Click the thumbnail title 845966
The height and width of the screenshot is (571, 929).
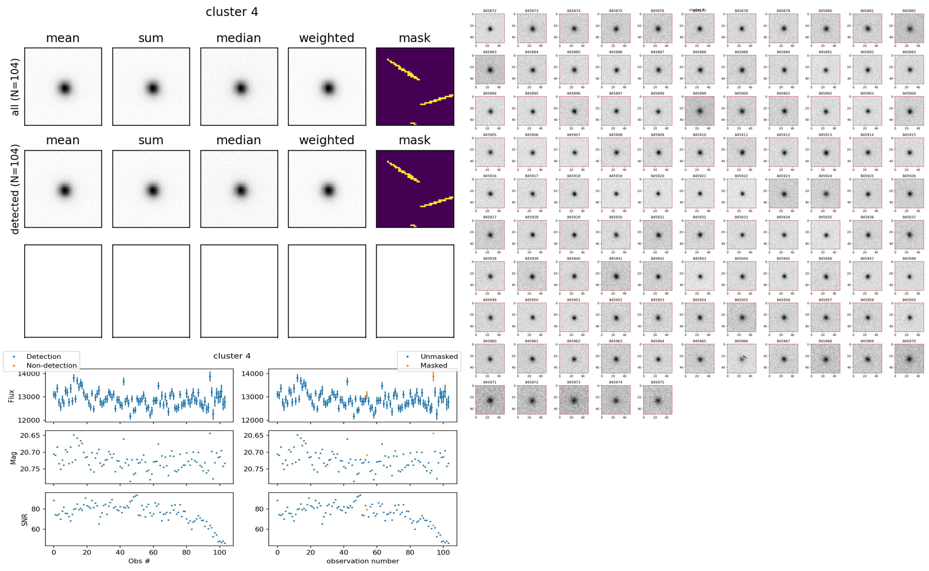tap(741, 341)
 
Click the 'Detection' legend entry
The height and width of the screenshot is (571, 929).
tap(43, 356)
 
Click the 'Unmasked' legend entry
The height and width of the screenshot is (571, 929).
tap(439, 356)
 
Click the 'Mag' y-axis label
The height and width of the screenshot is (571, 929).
tap(14, 458)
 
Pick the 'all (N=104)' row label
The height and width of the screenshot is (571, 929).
tap(15, 87)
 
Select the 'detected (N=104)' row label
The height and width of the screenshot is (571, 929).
tap(15, 189)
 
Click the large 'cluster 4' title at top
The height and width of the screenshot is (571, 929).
tap(232, 12)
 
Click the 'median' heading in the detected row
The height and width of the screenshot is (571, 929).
tap(239, 140)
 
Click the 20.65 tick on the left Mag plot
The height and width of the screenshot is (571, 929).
tap(30, 435)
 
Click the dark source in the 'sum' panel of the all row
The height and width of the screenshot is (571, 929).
tap(152, 88)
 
